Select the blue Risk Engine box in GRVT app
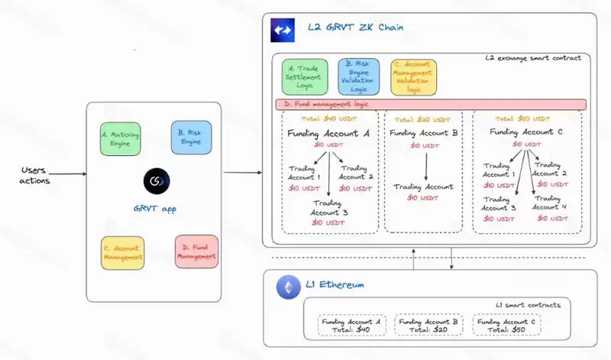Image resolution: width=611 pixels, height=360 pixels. pos(190,138)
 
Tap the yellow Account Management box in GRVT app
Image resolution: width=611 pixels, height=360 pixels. pos(123,253)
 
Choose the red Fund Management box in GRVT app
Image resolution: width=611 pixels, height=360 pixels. pos(196,251)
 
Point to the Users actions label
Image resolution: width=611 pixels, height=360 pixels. pos(34,174)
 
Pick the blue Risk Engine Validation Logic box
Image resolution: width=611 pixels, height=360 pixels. pos(358,77)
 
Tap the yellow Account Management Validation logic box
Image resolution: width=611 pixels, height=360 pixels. pos(413,77)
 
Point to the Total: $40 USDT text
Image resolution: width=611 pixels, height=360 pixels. pos(329,118)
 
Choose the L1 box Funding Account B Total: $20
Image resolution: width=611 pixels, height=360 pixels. pos(428,326)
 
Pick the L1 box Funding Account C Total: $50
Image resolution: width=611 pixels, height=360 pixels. pos(505,326)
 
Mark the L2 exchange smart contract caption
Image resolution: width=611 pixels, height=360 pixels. pos(533,58)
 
